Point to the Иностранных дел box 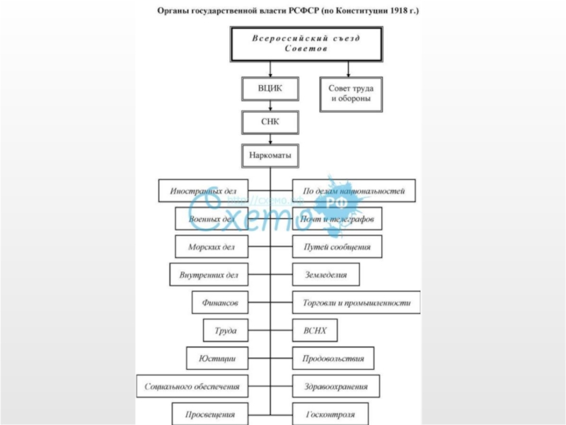pos(203,191)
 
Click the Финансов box pos(220,302)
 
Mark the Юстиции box pos(217,359)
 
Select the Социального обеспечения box pos(192,387)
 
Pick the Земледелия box pos(325,274)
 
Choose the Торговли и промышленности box pos(356,302)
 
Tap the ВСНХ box pos(315,331)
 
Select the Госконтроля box pos(330,414)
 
